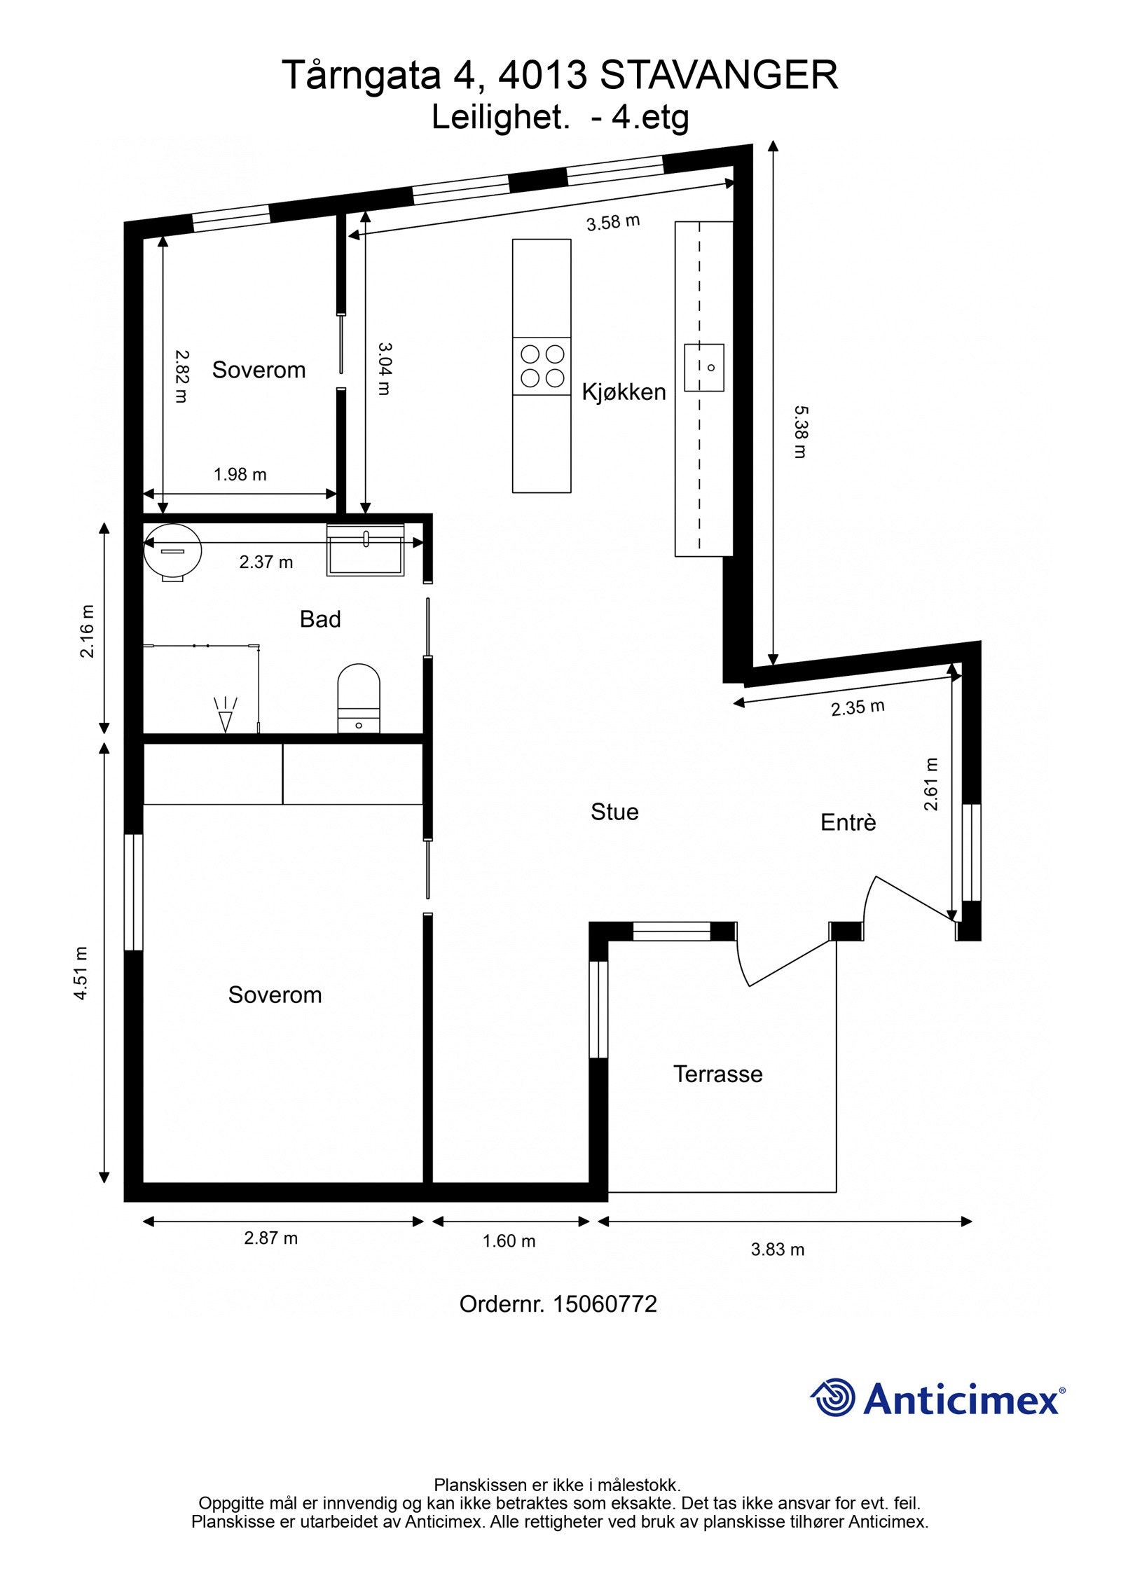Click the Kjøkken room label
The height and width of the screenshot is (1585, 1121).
(624, 392)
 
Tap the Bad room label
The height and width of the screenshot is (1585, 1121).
(320, 619)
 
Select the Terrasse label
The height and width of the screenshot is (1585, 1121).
(717, 1074)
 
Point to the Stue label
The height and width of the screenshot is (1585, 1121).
(614, 812)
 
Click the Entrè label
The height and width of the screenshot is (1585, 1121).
(848, 822)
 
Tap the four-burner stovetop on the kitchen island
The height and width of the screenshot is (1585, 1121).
(542, 366)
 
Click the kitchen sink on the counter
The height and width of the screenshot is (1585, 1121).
(703, 368)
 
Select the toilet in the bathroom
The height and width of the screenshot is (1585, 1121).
(359, 698)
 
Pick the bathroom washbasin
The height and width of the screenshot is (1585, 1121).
(365, 551)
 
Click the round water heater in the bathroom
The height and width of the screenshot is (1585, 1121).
(172, 552)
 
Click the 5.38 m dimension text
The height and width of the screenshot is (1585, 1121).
(800, 431)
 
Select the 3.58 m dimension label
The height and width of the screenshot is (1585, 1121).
(613, 223)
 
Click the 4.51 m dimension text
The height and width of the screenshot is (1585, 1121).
(81, 973)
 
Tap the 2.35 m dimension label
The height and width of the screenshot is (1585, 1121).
(858, 707)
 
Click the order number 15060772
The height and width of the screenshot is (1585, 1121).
(605, 1304)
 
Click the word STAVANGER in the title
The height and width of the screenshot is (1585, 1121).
(719, 76)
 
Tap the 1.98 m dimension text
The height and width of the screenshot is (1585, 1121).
(240, 475)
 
